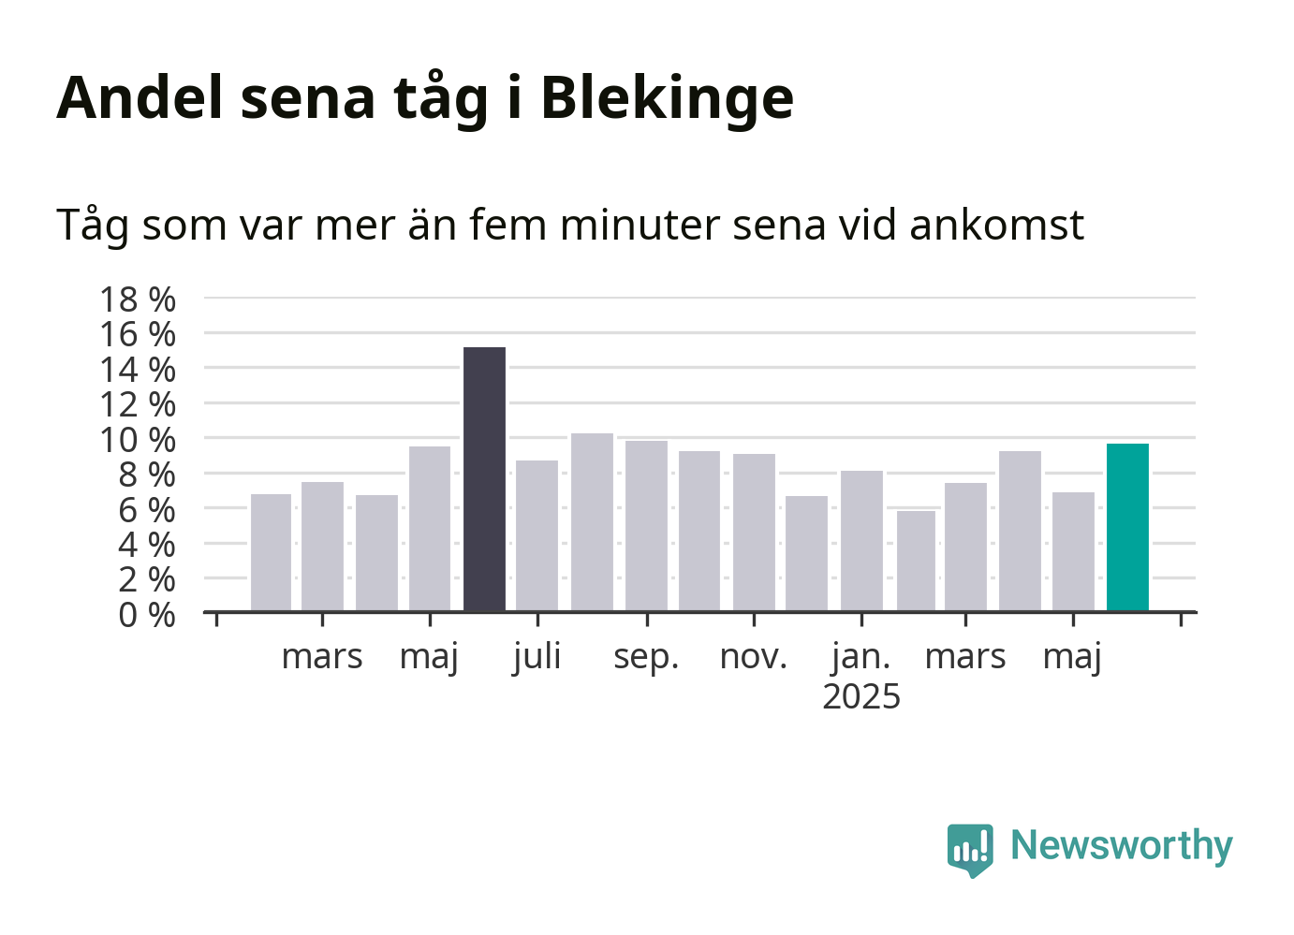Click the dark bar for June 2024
[x=484, y=479]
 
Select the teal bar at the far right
[x=1127, y=527]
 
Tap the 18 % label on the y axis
[x=138, y=299]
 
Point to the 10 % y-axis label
[x=138, y=440]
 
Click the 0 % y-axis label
[x=147, y=615]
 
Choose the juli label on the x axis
[x=537, y=658]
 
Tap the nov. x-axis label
[x=754, y=657]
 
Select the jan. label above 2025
[x=860, y=658]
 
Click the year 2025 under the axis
[x=861, y=696]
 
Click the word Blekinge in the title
[x=667, y=98]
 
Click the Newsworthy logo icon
[x=970, y=850]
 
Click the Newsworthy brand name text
[x=1122, y=847]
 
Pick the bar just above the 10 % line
[x=592, y=522]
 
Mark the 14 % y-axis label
[x=138, y=370]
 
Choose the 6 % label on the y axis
[x=147, y=510]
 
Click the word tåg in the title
[x=441, y=99]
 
